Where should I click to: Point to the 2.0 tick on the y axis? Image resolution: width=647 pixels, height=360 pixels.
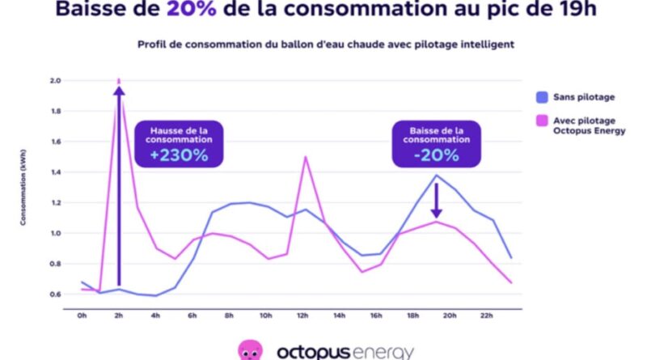[55, 81]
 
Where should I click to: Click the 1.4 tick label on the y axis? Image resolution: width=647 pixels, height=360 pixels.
[55, 172]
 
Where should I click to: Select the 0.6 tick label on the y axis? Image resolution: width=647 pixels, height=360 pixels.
[55, 294]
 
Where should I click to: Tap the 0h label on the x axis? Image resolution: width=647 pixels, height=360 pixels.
[82, 316]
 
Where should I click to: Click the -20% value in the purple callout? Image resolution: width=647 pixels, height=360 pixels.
[436, 155]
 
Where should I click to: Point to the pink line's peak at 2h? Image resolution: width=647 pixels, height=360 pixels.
[119, 80]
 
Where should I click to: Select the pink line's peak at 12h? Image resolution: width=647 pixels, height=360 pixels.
[305, 157]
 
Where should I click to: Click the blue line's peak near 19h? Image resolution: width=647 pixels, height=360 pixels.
[437, 175]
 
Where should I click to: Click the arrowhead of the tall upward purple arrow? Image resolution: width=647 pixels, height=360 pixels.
[119, 91]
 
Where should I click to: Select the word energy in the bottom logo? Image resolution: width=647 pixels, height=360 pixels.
[380, 353]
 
